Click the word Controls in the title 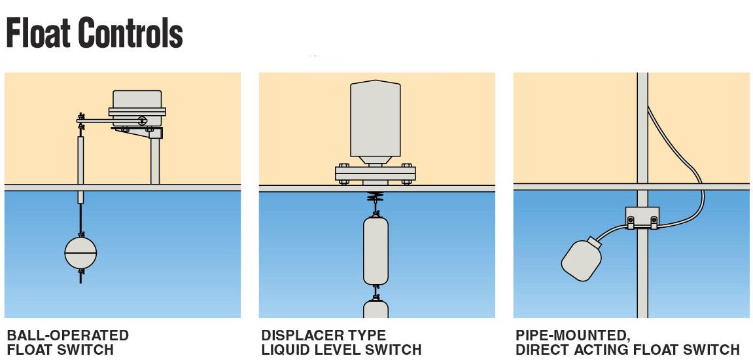pyautogui.click(x=131, y=32)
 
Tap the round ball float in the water pyautogui.click(x=80, y=252)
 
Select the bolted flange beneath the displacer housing pyautogui.click(x=376, y=174)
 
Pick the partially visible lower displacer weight pyautogui.click(x=376, y=309)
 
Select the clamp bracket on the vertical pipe pyautogui.click(x=642, y=218)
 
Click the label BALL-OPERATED pyautogui.click(x=68, y=336)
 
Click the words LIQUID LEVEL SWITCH pyautogui.click(x=341, y=350)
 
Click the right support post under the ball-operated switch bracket pyautogui.click(x=155, y=160)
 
